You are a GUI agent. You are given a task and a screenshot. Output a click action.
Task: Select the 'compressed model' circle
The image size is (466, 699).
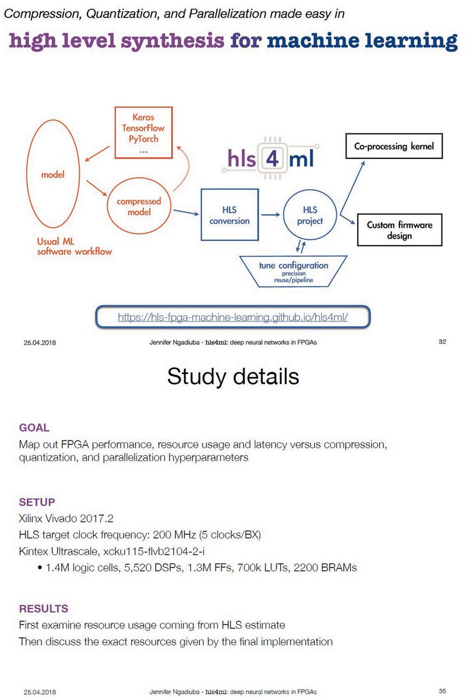point(139,207)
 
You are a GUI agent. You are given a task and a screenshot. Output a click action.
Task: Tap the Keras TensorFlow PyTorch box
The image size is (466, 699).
point(143,132)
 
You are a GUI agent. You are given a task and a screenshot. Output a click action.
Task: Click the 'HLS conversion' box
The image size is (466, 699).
point(230,216)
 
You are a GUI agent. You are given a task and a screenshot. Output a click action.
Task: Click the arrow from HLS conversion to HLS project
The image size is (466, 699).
point(271,216)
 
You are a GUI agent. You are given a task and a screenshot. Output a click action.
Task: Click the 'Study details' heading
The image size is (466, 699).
point(233,376)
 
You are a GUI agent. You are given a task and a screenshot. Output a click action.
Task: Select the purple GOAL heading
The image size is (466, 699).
point(34,428)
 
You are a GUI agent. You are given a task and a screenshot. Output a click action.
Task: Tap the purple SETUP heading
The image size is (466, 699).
point(37,502)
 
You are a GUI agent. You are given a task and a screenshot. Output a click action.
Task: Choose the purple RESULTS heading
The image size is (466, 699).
point(43,609)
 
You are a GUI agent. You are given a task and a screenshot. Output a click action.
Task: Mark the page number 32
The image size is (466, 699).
point(442,342)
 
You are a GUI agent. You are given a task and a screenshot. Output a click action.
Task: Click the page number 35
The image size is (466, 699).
point(442,691)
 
